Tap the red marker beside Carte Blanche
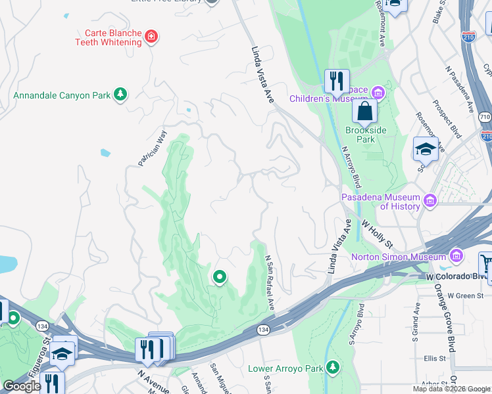(x=152, y=36)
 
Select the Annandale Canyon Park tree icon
(x=120, y=95)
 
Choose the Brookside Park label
(x=360, y=135)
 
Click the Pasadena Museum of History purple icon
(x=430, y=200)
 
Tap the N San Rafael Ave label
(x=270, y=283)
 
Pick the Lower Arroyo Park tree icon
(x=333, y=366)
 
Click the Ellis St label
(x=435, y=359)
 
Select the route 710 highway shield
(x=485, y=117)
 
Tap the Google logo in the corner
(x=22, y=387)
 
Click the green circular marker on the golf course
(x=219, y=278)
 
